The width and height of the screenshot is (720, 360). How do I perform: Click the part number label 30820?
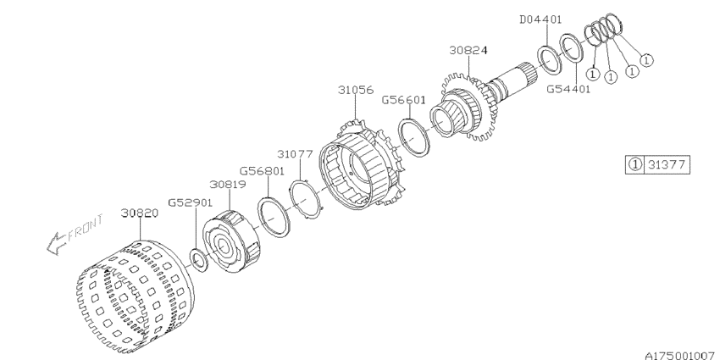coord(140,213)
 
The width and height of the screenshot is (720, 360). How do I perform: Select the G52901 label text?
coord(190,202)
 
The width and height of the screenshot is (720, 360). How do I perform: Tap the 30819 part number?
coord(228,184)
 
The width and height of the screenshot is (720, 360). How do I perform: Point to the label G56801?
coord(263,171)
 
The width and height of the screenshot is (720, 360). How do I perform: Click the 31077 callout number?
coord(295,154)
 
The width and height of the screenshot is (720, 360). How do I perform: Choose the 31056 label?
coord(356,90)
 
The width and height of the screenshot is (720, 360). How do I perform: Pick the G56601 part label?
coord(403,100)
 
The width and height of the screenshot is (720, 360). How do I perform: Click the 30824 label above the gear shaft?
coord(468,50)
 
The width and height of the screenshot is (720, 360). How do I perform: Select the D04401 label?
coord(540,19)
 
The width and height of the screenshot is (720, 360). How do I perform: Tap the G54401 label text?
coord(568,89)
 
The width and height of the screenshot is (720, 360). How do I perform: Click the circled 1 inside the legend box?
coord(635,164)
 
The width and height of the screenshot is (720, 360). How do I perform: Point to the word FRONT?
coord(86,227)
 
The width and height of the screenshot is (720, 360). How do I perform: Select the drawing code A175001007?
coord(682,356)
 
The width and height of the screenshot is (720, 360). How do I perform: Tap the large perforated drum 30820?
coord(135,297)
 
